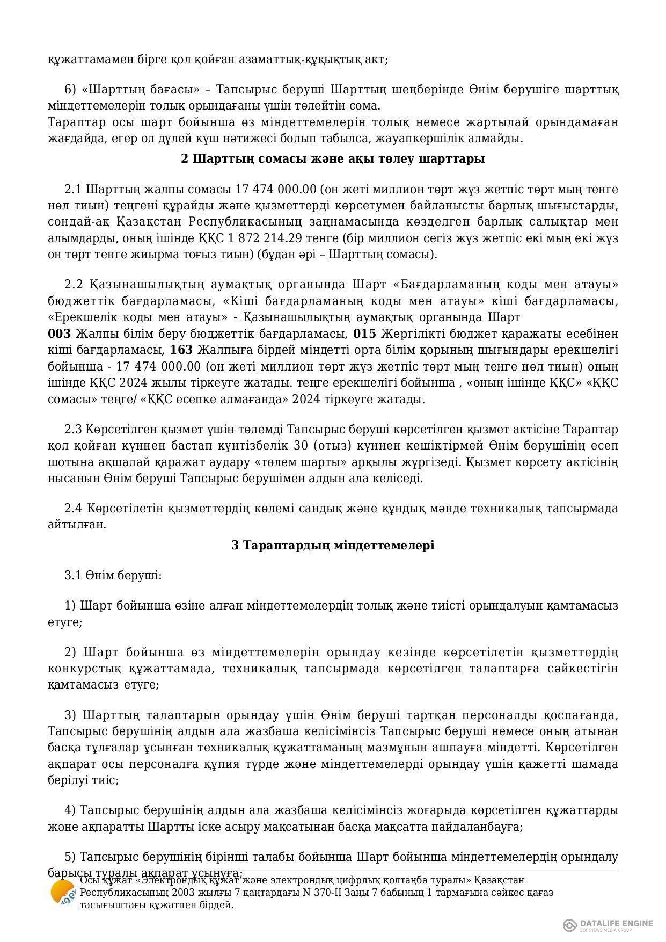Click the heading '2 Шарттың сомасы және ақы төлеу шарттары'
pyautogui.click(x=333, y=159)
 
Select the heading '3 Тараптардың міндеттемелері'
pyautogui.click(x=333, y=545)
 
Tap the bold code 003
pyautogui.click(x=59, y=334)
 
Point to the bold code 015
pyautogui.click(x=364, y=334)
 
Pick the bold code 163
pyautogui.click(x=181, y=350)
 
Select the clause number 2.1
pyautogui.click(x=72, y=190)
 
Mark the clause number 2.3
pyautogui.click(x=72, y=430)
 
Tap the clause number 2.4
pyautogui.click(x=72, y=508)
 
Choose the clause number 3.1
pyautogui.click(x=72, y=576)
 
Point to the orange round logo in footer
pyautogui.click(x=62, y=892)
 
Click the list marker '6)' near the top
pyautogui.click(x=70, y=90)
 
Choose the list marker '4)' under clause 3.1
pyautogui.click(x=70, y=810)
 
